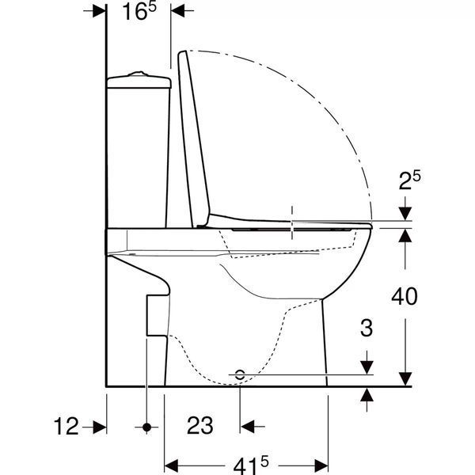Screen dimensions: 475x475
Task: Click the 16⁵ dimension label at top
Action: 139,12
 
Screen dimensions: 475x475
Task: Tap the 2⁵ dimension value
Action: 409,180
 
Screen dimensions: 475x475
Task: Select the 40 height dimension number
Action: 405,297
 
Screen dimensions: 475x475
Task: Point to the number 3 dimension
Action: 367,328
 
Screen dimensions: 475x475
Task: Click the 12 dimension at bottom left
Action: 66,426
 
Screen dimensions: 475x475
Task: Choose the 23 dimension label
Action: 200,425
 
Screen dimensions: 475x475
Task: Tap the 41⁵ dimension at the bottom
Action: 251,465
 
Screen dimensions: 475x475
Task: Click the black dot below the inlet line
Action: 146,427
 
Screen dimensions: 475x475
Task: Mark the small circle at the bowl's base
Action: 240,374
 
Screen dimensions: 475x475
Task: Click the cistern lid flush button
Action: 139,74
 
